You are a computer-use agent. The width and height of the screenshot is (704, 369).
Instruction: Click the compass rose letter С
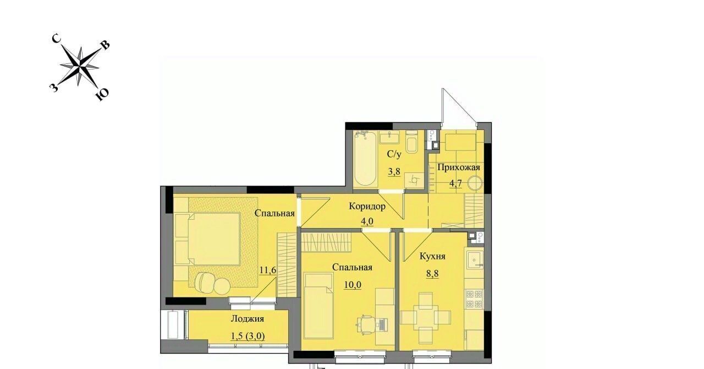[x=56, y=39]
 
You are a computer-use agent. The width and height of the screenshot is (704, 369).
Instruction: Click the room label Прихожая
[x=459, y=167]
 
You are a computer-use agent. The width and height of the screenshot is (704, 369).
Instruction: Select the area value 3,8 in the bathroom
[x=394, y=172]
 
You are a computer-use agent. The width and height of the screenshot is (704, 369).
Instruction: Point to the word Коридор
[x=367, y=207]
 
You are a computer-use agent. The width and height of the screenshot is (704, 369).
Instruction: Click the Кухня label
[x=432, y=256]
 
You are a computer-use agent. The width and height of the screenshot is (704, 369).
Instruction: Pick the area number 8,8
[x=432, y=273]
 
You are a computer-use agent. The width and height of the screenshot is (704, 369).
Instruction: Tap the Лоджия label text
[x=248, y=319]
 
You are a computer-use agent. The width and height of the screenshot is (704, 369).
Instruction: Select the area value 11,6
[x=268, y=270]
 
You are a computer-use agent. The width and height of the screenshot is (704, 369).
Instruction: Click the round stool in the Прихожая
[x=475, y=183]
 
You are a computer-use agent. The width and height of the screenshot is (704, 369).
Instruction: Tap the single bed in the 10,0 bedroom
[x=318, y=306]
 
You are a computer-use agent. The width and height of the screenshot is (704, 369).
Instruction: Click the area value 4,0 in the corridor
[x=367, y=221]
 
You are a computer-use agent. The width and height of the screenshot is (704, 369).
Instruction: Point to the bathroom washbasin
[x=389, y=138]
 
